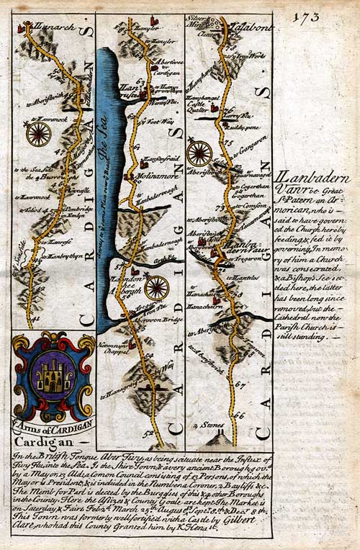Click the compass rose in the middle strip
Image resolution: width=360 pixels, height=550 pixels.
click(156, 289)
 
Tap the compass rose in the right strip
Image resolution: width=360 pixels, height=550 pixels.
click(199, 153)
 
